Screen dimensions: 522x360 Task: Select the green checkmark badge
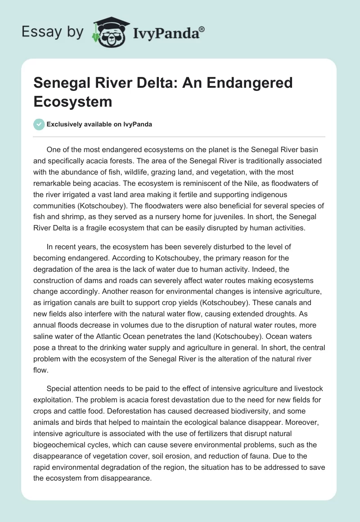click(x=39, y=124)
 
